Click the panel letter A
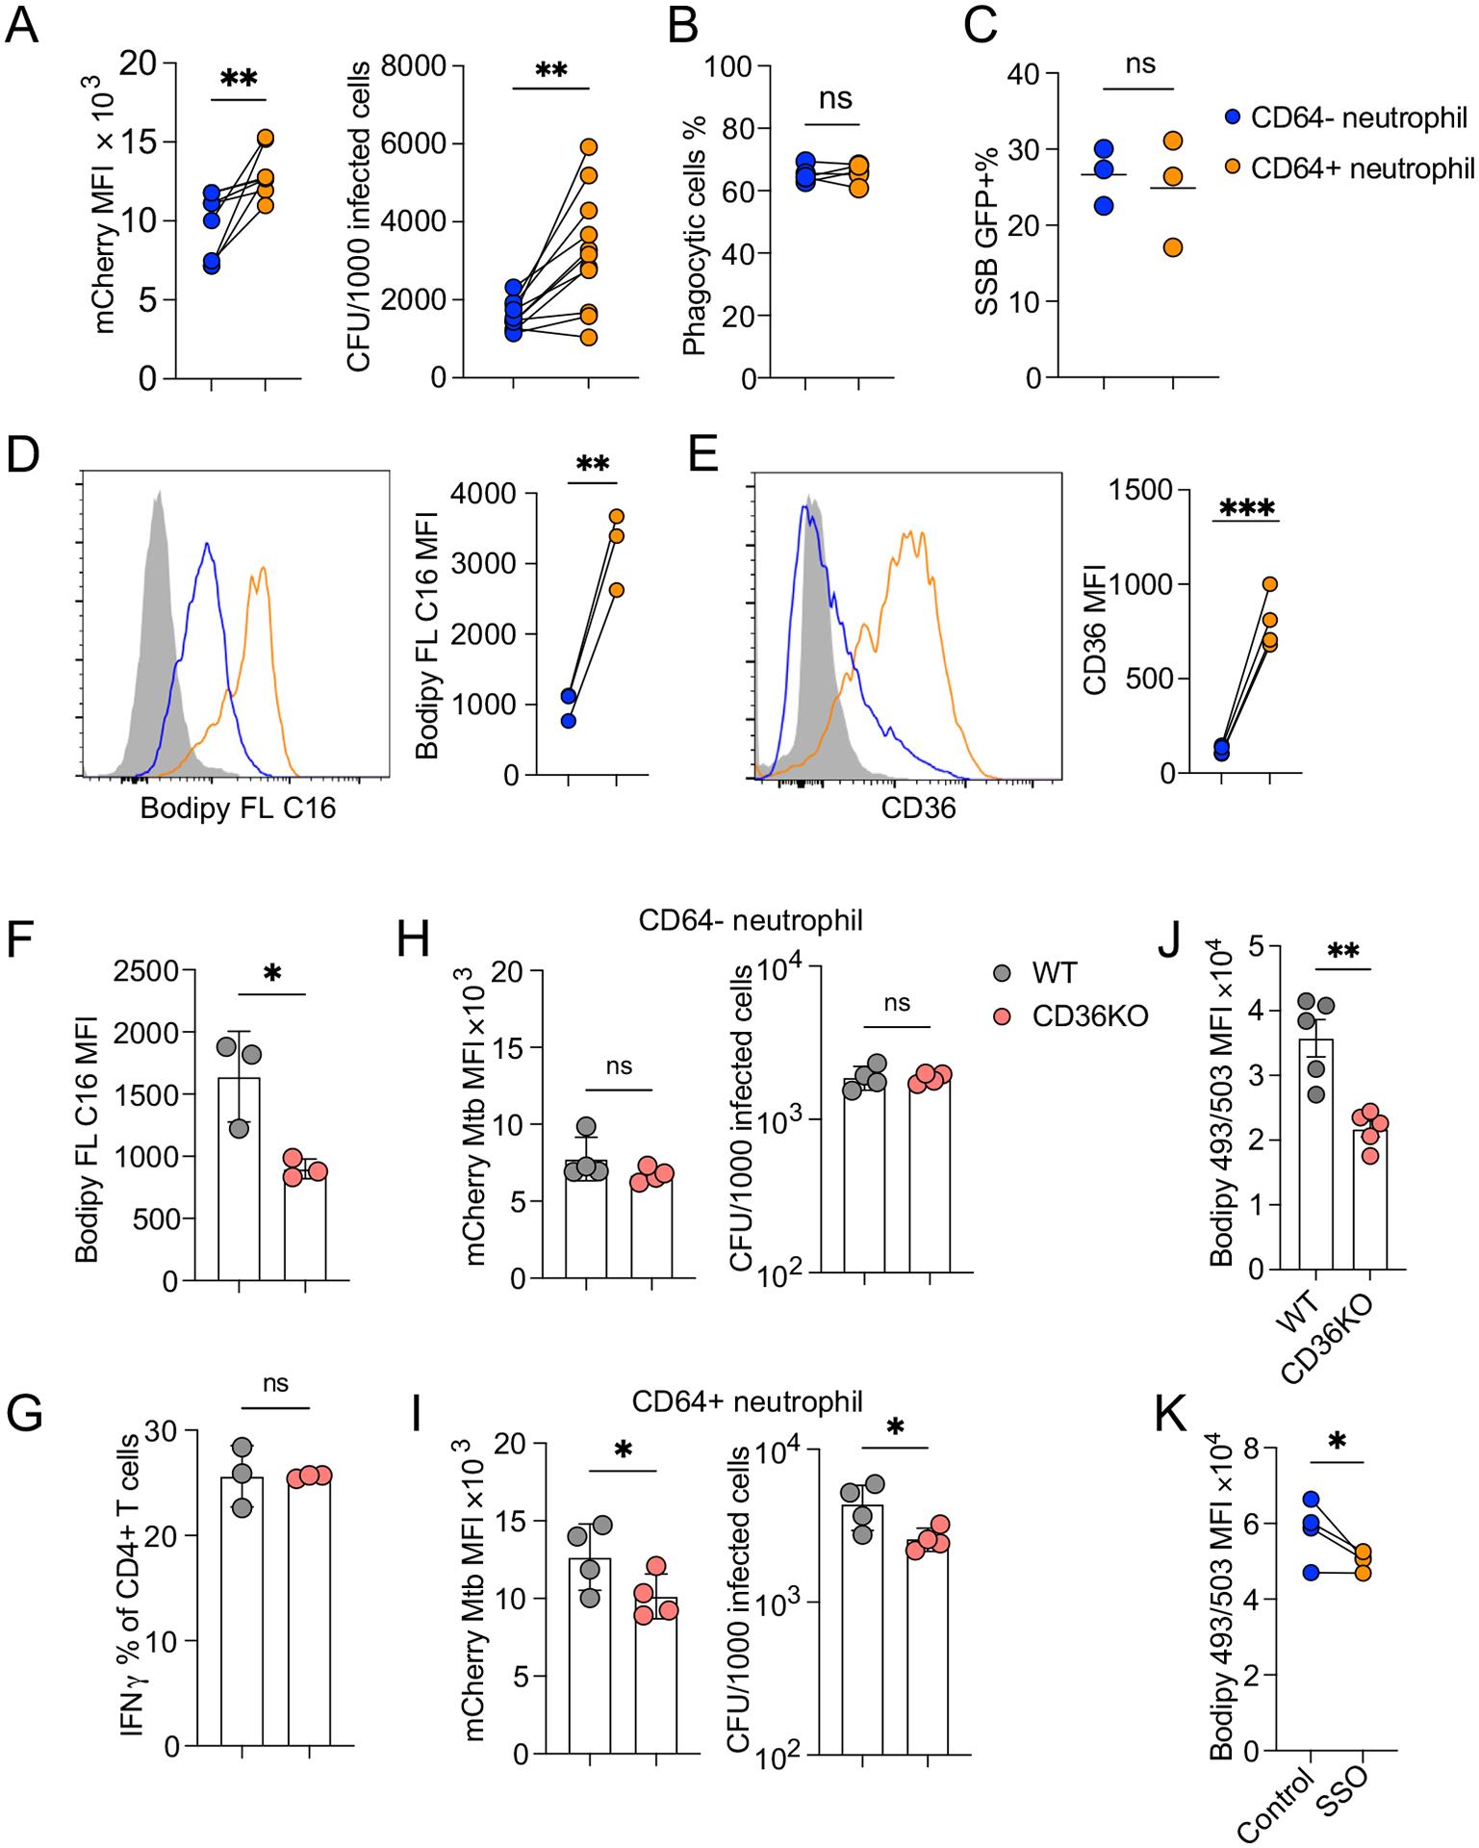(22, 23)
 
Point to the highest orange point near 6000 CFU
(588, 147)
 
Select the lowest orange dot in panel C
(1173, 247)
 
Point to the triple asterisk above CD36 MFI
(1246, 508)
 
